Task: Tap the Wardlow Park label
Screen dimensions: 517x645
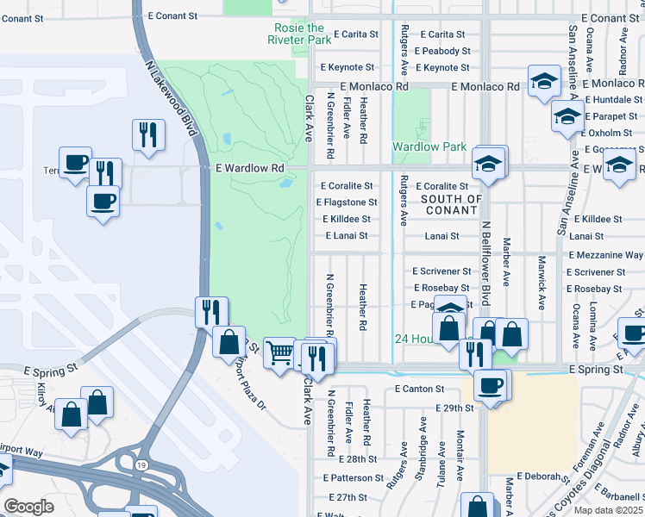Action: coord(429,147)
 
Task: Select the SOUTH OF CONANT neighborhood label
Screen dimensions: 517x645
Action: coord(451,205)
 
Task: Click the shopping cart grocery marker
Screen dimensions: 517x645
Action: coord(279,352)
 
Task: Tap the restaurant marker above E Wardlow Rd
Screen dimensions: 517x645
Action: coord(148,135)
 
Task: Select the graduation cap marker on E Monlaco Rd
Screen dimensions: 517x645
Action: coord(543,83)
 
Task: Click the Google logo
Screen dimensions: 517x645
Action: coord(29,507)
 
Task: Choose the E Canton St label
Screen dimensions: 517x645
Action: coord(419,389)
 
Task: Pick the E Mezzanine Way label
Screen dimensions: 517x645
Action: coord(606,256)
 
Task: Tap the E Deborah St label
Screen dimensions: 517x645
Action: coord(534,477)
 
